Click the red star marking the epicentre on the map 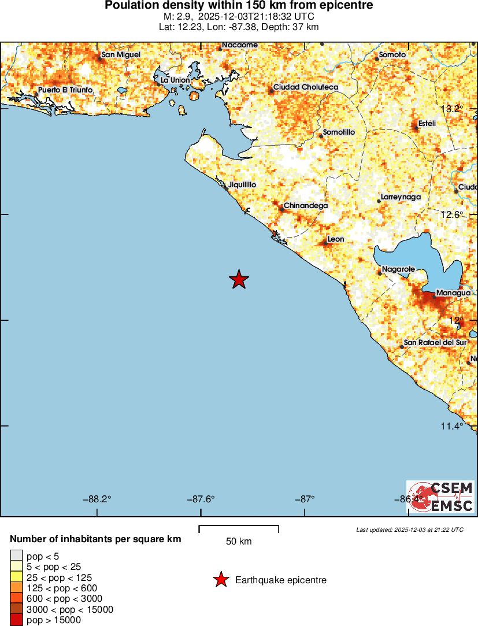(x=239, y=280)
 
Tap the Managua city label (x=453, y=293)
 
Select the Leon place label (x=336, y=239)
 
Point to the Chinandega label (x=306, y=206)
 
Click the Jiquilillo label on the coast (x=242, y=185)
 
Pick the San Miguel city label (x=121, y=55)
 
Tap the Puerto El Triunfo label (x=65, y=91)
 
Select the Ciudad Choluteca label (x=306, y=87)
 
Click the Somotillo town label (x=339, y=132)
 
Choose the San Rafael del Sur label (x=435, y=343)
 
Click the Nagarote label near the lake (x=399, y=270)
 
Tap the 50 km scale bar (x=239, y=529)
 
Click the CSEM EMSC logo (x=441, y=497)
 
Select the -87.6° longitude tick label (x=201, y=499)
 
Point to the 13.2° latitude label (x=452, y=109)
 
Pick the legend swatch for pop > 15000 (x=16, y=620)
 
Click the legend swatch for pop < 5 (x=16, y=556)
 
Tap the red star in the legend (x=220, y=580)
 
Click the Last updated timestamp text (x=410, y=529)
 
